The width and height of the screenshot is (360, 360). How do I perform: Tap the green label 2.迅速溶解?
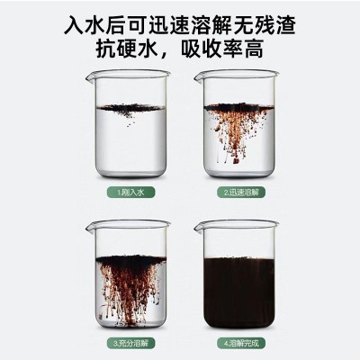click(239, 192)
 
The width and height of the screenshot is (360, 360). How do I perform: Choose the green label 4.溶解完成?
click(239, 343)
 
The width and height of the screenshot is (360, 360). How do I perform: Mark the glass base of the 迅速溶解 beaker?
click(239, 178)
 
